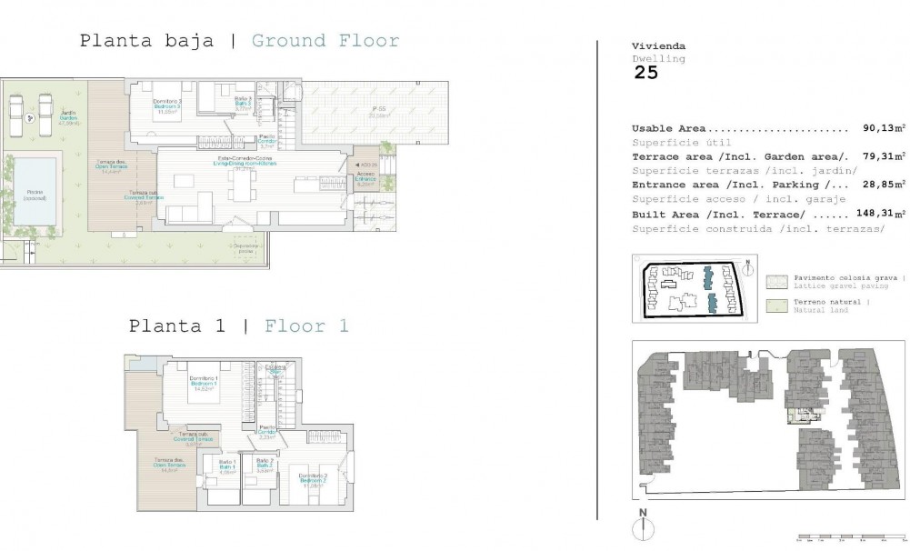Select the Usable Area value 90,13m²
pyautogui.click(x=885, y=129)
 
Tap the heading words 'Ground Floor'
pyautogui.click(x=325, y=40)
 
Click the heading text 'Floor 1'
pyautogui.click(x=306, y=326)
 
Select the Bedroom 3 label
pyautogui.click(x=167, y=105)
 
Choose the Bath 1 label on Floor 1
pyautogui.click(x=227, y=466)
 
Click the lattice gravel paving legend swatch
pyautogui.click(x=776, y=281)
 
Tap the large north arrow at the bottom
pyautogui.click(x=642, y=527)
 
